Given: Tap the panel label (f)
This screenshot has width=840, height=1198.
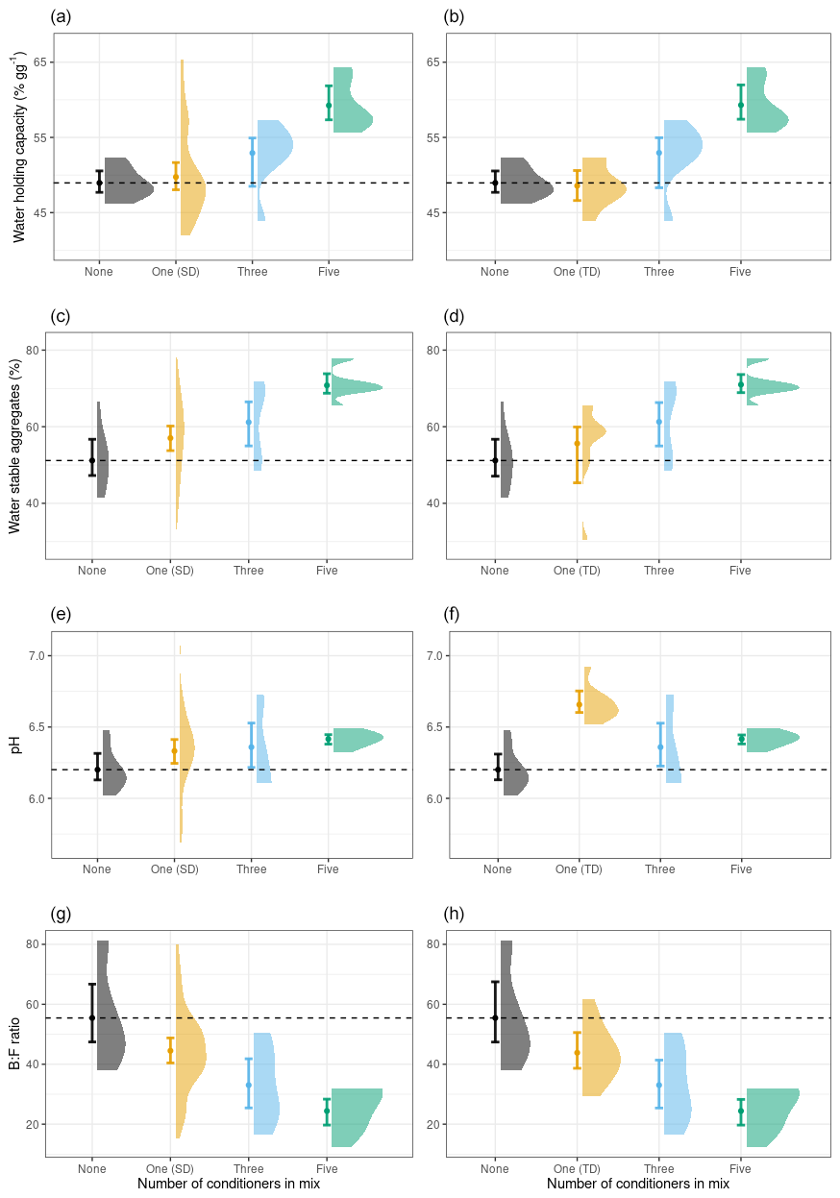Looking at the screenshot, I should pos(454,614).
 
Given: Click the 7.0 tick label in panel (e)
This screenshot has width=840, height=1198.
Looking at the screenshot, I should pos(34,655).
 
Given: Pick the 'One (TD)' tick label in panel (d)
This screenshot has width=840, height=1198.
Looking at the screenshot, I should pos(578,571).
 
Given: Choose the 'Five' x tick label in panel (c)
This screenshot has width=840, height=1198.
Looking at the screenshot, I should pos(328,571).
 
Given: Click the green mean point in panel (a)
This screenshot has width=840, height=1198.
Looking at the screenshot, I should pos(329,105).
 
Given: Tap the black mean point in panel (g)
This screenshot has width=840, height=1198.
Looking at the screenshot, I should pos(92,1017).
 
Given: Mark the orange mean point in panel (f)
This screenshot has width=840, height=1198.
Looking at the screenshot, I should pos(579,704).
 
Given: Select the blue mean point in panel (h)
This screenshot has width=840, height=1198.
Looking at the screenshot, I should pos(659,1085).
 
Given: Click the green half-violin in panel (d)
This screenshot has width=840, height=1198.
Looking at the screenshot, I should pos(768,387).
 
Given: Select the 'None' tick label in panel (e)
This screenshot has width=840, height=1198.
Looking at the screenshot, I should pos(97,869).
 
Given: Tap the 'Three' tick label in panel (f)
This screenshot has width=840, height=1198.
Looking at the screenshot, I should pos(659,869).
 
